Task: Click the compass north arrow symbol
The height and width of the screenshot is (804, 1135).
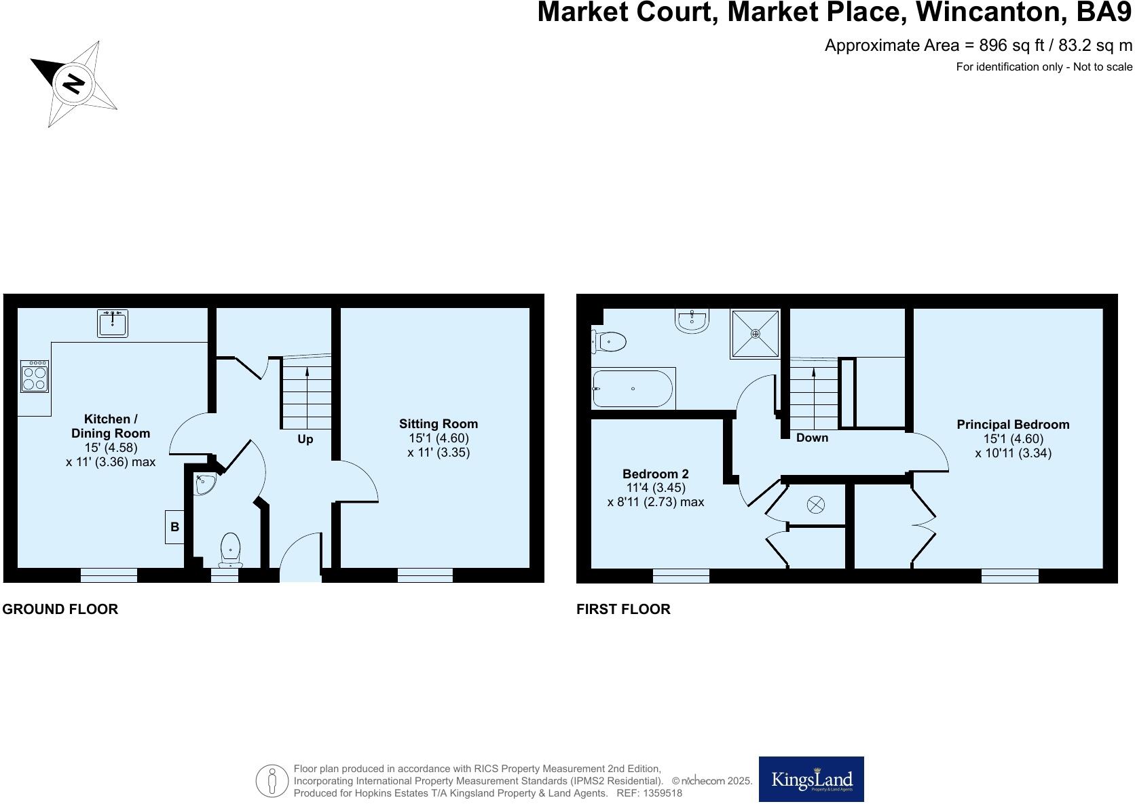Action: coord(73,84)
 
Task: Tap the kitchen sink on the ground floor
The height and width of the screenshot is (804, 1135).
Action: coord(113,323)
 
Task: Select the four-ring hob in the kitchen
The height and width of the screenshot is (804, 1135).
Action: coord(35,376)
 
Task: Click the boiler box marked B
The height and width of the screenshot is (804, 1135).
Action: coord(174,527)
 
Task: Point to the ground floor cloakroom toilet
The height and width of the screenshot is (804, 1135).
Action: coord(231,550)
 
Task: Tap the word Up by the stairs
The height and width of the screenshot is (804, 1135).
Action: coord(305,439)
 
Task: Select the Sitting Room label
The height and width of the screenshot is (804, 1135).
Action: coord(439,424)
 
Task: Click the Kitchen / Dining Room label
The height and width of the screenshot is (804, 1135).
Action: coord(111,426)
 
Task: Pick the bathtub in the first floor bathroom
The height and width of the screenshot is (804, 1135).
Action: coord(633,389)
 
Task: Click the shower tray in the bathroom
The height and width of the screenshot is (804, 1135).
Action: coord(755,334)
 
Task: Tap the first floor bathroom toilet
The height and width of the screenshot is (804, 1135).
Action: coord(609,341)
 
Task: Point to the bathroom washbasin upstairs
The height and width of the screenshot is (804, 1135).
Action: coord(692,320)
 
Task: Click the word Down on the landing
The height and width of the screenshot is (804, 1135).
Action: coord(812,438)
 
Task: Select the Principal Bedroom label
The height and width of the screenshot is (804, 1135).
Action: coord(1013,425)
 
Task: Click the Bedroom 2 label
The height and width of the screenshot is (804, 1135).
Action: coord(655,474)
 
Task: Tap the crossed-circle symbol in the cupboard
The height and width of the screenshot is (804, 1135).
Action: coord(815,505)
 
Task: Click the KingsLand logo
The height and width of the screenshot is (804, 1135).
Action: coord(811,780)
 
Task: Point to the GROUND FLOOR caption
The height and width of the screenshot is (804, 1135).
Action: coord(60,609)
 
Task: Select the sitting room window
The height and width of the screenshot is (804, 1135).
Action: coord(425,575)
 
